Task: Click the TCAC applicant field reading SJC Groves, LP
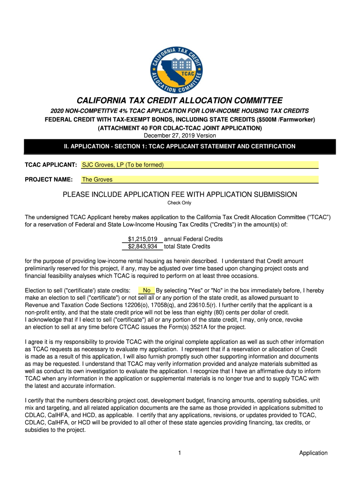coord(200,165)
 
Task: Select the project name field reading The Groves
coord(200,179)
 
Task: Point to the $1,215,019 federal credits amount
coord(143,239)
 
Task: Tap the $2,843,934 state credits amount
coord(143,247)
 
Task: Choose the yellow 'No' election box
coord(146,290)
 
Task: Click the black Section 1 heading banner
coord(180,146)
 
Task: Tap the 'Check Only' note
coord(180,203)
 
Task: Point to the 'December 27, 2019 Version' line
coord(180,136)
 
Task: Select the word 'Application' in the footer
coord(313,453)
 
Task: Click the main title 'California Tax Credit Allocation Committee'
coord(180,101)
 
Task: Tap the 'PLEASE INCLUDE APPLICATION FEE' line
coord(180,195)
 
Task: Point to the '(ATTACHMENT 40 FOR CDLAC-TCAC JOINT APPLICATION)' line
coord(180,128)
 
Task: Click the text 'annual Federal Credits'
coord(193,239)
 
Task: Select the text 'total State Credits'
coord(187,247)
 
